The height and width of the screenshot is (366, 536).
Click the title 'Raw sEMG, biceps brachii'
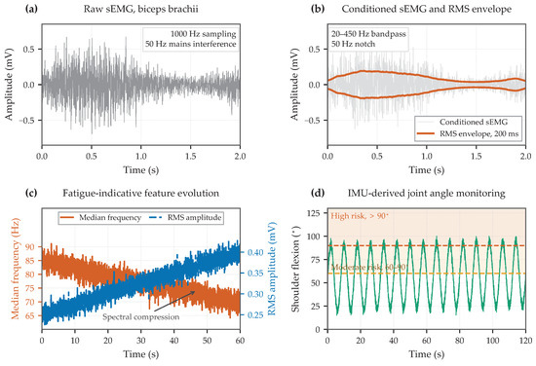point(141,9)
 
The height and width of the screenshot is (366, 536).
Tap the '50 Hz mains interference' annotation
point(191,44)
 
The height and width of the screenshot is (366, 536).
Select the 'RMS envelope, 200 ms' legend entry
point(469,133)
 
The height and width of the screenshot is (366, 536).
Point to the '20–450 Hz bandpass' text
point(368,34)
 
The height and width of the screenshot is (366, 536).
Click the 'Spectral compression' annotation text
point(141,316)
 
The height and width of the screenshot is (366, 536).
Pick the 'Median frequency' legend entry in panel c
point(100,217)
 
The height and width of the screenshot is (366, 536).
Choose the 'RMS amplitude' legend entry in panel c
point(185,217)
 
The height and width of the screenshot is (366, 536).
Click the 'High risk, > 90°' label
point(360,216)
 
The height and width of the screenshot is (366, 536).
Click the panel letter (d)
point(318,194)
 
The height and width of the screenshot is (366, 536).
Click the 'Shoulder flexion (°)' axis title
point(295,269)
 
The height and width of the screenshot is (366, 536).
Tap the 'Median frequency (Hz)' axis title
point(16,269)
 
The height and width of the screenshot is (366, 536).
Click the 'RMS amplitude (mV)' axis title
point(272,269)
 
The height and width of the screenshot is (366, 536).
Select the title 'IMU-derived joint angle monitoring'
point(427,194)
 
